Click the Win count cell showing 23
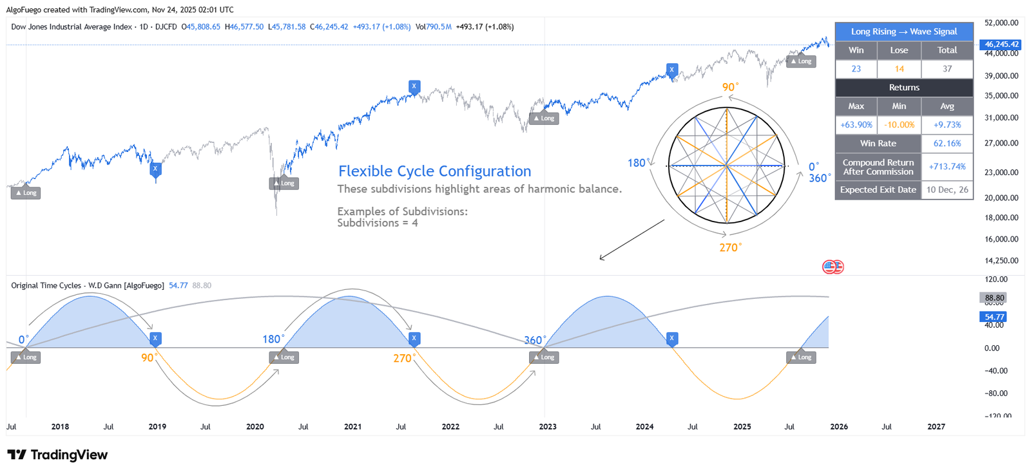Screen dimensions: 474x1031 pyautogui.click(x=856, y=69)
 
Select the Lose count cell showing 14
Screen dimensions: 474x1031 pyautogui.click(x=899, y=69)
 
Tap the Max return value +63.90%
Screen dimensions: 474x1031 pyautogui.click(x=856, y=125)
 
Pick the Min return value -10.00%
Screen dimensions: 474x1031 pyautogui.click(x=899, y=125)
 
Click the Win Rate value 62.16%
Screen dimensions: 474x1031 pyautogui.click(x=947, y=144)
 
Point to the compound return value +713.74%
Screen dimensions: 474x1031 pyautogui.click(x=947, y=167)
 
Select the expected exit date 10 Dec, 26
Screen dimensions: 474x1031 pyautogui.click(x=947, y=190)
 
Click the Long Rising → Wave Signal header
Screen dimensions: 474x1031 pyautogui.click(x=903, y=32)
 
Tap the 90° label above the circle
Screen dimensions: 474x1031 pyautogui.click(x=729, y=87)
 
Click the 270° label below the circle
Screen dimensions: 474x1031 pyautogui.click(x=730, y=247)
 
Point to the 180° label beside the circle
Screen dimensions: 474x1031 pyautogui.click(x=637, y=163)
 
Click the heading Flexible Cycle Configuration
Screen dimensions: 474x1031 pyautogui.click(x=434, y=171)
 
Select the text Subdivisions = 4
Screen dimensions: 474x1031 pyautogui.click(x=377, y=223)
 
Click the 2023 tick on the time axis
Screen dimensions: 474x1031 pyautogui.click(x=548, y=426)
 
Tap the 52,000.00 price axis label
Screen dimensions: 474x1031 pyautogui.click(x=1001, y=23)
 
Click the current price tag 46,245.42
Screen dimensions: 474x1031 pyautogui.click(x=1001, y=44)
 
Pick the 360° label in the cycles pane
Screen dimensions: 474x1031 pyautogui.click(x=534, y=340)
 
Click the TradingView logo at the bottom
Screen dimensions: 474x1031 pyautogui.click(x=57, y=455)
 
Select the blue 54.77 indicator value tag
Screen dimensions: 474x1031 pyautogui.click(x=994, y=317)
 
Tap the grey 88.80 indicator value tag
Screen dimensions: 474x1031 pyautogui.click(x=994, y=298)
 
